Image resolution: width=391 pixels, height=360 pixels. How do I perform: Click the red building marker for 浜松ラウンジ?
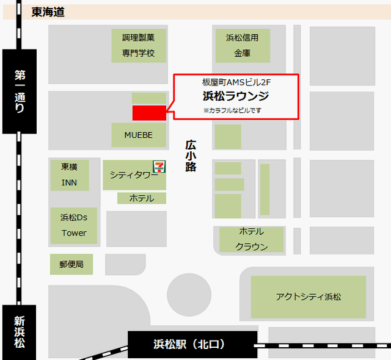point(149,112)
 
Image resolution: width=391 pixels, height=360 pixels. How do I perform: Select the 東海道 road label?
point(48,12)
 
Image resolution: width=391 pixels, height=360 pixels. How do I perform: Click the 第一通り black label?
point(20,92)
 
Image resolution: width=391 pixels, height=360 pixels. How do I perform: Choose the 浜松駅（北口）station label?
point(192,345)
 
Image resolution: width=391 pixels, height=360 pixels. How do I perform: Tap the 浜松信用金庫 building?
point(242,46)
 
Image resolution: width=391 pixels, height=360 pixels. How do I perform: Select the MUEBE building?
point(139,135)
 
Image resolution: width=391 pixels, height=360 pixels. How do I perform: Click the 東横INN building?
point(69,175)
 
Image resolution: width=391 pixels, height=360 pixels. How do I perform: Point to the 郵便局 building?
point(71,264)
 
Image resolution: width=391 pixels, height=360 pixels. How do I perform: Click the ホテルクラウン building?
point(251,239)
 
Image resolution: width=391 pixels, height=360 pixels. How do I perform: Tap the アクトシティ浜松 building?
point(309,297)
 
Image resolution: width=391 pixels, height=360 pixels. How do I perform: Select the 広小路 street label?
point(191,156)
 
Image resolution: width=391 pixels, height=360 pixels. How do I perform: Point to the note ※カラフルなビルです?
point(232,110)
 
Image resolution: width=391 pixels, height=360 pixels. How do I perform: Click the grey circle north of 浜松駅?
point(189,295)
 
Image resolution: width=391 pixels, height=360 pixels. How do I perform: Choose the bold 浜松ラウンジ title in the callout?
point(235,96)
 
